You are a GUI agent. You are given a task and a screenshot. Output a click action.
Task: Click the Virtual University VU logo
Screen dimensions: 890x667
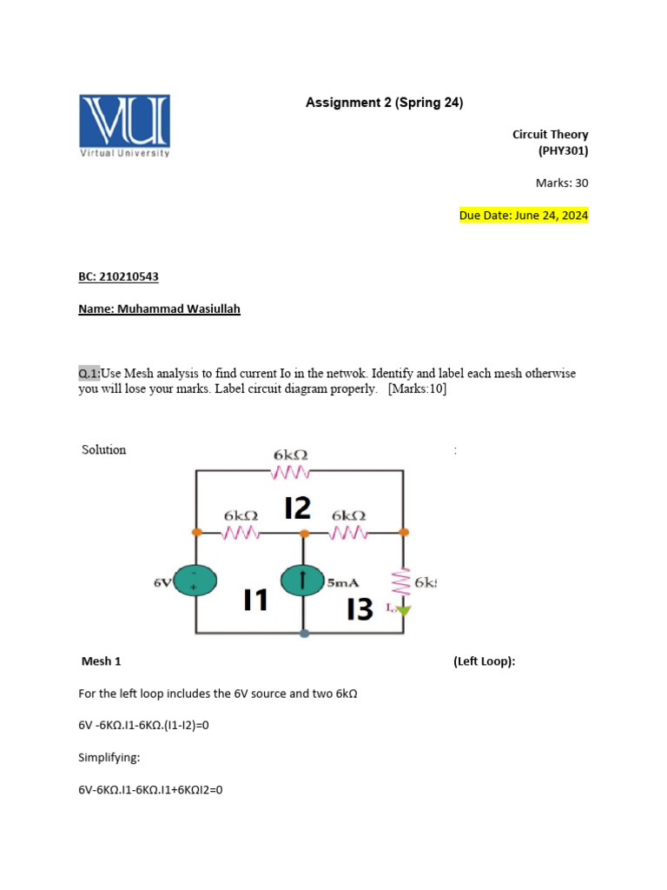click(x=125, y=125)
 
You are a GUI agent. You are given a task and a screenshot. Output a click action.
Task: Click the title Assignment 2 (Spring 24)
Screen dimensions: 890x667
click(x=384, y=103)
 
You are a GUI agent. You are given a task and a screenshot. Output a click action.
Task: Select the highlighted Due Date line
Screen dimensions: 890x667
click(x=524, y=215)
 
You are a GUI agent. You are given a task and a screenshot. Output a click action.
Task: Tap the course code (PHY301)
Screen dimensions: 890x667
click(x=563, y=150)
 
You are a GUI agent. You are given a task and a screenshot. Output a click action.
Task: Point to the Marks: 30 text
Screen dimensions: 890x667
click(x=562, y=183)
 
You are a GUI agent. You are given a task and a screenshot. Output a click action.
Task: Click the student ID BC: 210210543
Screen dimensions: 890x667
click(x=119, y=276)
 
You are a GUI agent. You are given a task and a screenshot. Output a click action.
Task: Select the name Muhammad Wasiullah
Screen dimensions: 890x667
click(x=159, y=309)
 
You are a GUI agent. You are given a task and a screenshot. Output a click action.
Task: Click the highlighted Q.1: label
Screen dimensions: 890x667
click(x=89, y=373)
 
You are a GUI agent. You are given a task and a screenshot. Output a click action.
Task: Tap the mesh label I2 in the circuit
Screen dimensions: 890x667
click(x=298, y=507)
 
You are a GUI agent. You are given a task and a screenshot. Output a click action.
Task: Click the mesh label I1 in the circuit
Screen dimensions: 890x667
click(x=255, y=600)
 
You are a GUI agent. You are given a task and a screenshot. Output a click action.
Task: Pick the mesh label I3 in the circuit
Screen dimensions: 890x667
click(x=360, y=609)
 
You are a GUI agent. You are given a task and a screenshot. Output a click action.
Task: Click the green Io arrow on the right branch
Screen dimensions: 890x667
click(x=403, y=611)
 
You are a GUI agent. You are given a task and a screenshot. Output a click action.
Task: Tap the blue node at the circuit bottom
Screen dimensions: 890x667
click(x=303, y=634)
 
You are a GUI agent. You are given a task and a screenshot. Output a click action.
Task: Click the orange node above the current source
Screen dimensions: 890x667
click(x=303, y=531)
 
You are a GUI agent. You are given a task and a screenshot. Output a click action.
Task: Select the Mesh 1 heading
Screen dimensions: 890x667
click(x=101, y=661)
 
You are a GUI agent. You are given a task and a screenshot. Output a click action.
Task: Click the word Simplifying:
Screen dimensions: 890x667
click(x=109, y=758)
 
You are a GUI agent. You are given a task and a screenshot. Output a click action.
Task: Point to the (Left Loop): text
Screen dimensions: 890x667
click(x=484, y=661)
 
